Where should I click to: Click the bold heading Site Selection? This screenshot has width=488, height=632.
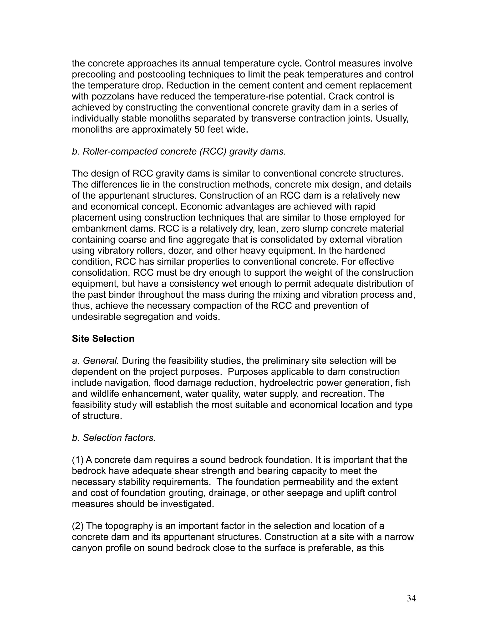[103, 339]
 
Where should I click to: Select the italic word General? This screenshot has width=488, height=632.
[101, 361]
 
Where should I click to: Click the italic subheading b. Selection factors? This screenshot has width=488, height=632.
[114, 438]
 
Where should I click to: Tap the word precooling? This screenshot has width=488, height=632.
[93, 74]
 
